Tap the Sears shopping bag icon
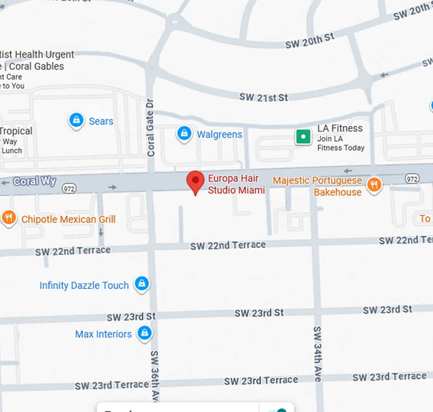77,120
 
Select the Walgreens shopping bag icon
184,133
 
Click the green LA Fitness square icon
303,137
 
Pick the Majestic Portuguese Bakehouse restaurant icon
374,185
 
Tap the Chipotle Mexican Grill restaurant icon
9,218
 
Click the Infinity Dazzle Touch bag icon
142,284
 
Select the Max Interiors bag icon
144,333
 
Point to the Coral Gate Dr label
151,127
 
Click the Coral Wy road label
35,181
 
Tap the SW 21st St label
264,97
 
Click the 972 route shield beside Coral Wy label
69,188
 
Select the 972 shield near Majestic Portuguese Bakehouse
412,179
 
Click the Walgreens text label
219,134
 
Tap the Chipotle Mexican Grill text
68,219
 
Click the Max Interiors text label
103,334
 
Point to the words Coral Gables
36,66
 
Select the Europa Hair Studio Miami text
236,184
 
